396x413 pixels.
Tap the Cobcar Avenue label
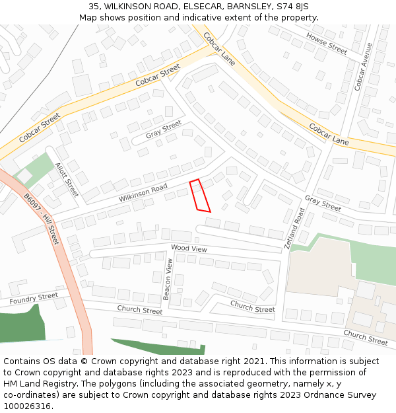tap(363, 67)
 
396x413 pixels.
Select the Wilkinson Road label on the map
tap(143, 193)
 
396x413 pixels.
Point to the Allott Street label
tap(67, 180)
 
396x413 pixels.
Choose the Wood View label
tap(189, 248)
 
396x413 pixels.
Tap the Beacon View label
tap(168, 280)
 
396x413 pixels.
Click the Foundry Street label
tap(34, 299)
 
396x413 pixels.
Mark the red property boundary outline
tap(200, 196)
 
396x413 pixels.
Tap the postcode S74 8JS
tap(292, 7)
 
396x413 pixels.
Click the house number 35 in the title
tap(94, 7)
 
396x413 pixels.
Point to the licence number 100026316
tap(28, 406)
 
